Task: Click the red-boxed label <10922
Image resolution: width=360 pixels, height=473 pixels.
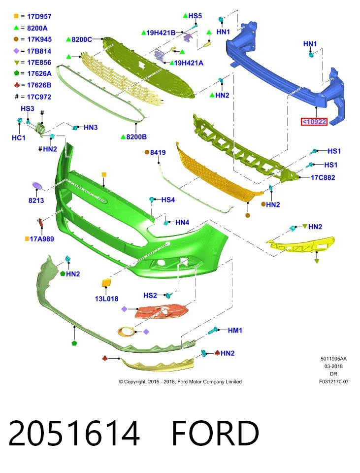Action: [314, 122]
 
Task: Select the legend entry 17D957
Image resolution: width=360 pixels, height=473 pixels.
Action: [39, 16]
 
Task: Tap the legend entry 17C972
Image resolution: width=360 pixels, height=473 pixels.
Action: [39, 97]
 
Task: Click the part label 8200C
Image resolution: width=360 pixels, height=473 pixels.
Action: [82, 39]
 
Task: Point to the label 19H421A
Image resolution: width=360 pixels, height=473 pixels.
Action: [189, 63]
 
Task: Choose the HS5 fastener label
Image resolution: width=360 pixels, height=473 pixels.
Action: [195, 16]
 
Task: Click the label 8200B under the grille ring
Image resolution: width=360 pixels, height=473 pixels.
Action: [136, 137]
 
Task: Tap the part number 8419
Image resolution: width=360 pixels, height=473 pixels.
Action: [158, 152]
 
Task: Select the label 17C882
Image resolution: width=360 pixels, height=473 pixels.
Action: [323, 177]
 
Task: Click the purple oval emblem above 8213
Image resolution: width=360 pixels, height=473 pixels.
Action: [37, 186]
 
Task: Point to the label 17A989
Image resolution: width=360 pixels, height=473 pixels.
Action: [42, 239]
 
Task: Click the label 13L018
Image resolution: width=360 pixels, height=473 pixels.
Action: [106, 299]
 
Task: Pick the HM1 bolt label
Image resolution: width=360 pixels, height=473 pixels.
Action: [235, 330]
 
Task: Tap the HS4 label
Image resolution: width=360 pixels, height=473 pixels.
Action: [168, 200]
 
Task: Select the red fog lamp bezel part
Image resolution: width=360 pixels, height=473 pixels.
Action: [161, 311]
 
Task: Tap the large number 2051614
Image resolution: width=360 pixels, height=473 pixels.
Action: [74, 433]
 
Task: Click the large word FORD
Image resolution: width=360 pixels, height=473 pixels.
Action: [215, 433]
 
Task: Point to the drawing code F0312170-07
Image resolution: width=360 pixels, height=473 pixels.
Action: [334, 381]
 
